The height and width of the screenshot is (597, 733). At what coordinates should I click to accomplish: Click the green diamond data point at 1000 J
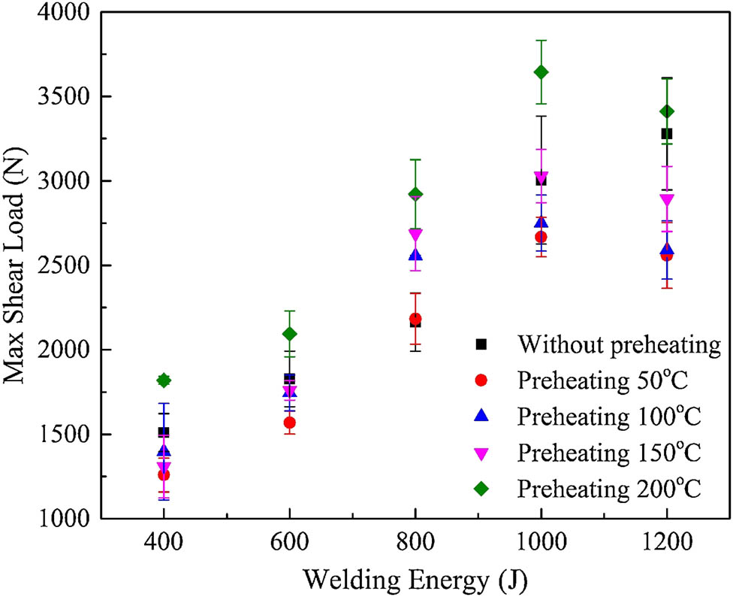click(x=541, y=72)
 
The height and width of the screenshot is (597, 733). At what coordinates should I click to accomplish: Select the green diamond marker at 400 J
click(x=164, y=380)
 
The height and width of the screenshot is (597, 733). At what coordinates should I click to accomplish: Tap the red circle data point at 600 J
click(x=289, y=423)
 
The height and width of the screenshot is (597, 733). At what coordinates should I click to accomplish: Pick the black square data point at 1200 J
click(x=666, y=134)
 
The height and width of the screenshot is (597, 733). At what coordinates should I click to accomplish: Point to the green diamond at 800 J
click(x=415, y=194)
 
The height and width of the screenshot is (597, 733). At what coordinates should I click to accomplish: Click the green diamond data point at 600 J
click(x=289, y=334)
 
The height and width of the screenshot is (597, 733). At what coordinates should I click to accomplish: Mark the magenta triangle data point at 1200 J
click(x=666, y=200)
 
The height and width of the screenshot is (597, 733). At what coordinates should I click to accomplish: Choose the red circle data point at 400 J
click(x=164, y=474)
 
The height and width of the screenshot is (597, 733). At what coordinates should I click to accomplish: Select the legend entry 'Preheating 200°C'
click(x=609, y=489)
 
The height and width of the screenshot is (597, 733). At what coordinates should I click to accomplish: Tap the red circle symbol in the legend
click(x=482, y=380)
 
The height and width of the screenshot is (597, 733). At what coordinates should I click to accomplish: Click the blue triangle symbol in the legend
click(x=482, y=416)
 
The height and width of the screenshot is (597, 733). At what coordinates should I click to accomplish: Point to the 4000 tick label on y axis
click(x=65, y=13)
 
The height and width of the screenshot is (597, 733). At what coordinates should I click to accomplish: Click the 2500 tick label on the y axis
click(x=65, y=266)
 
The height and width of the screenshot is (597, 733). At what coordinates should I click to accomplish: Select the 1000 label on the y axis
click(x=65, y=519)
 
